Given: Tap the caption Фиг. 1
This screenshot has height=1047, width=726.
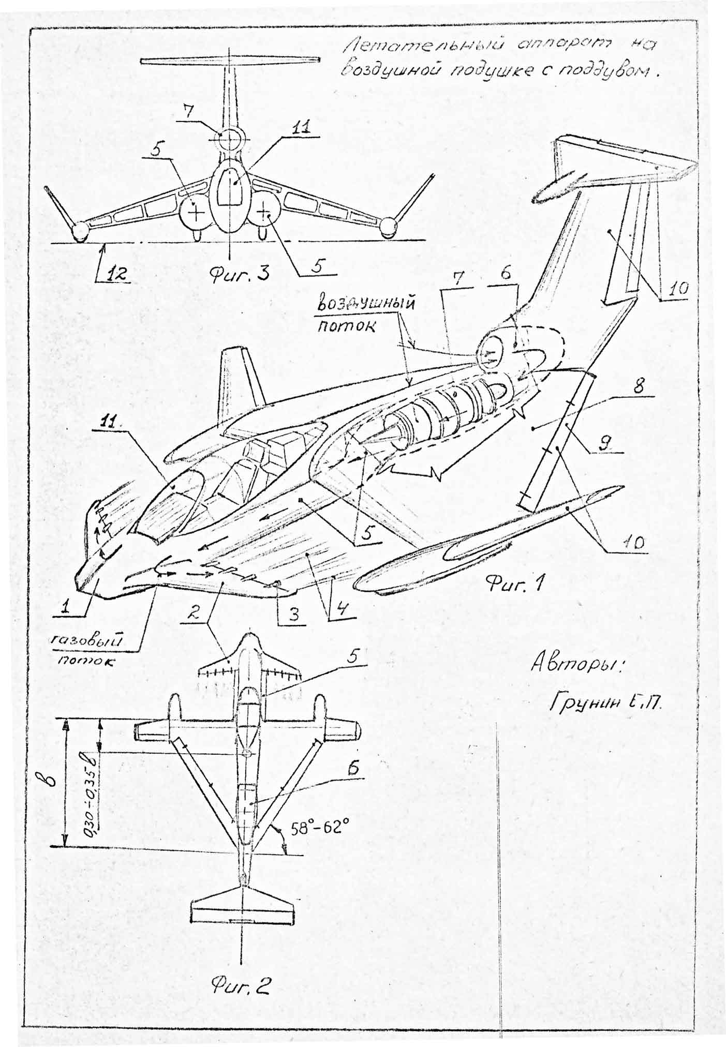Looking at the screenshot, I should (513, 584).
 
